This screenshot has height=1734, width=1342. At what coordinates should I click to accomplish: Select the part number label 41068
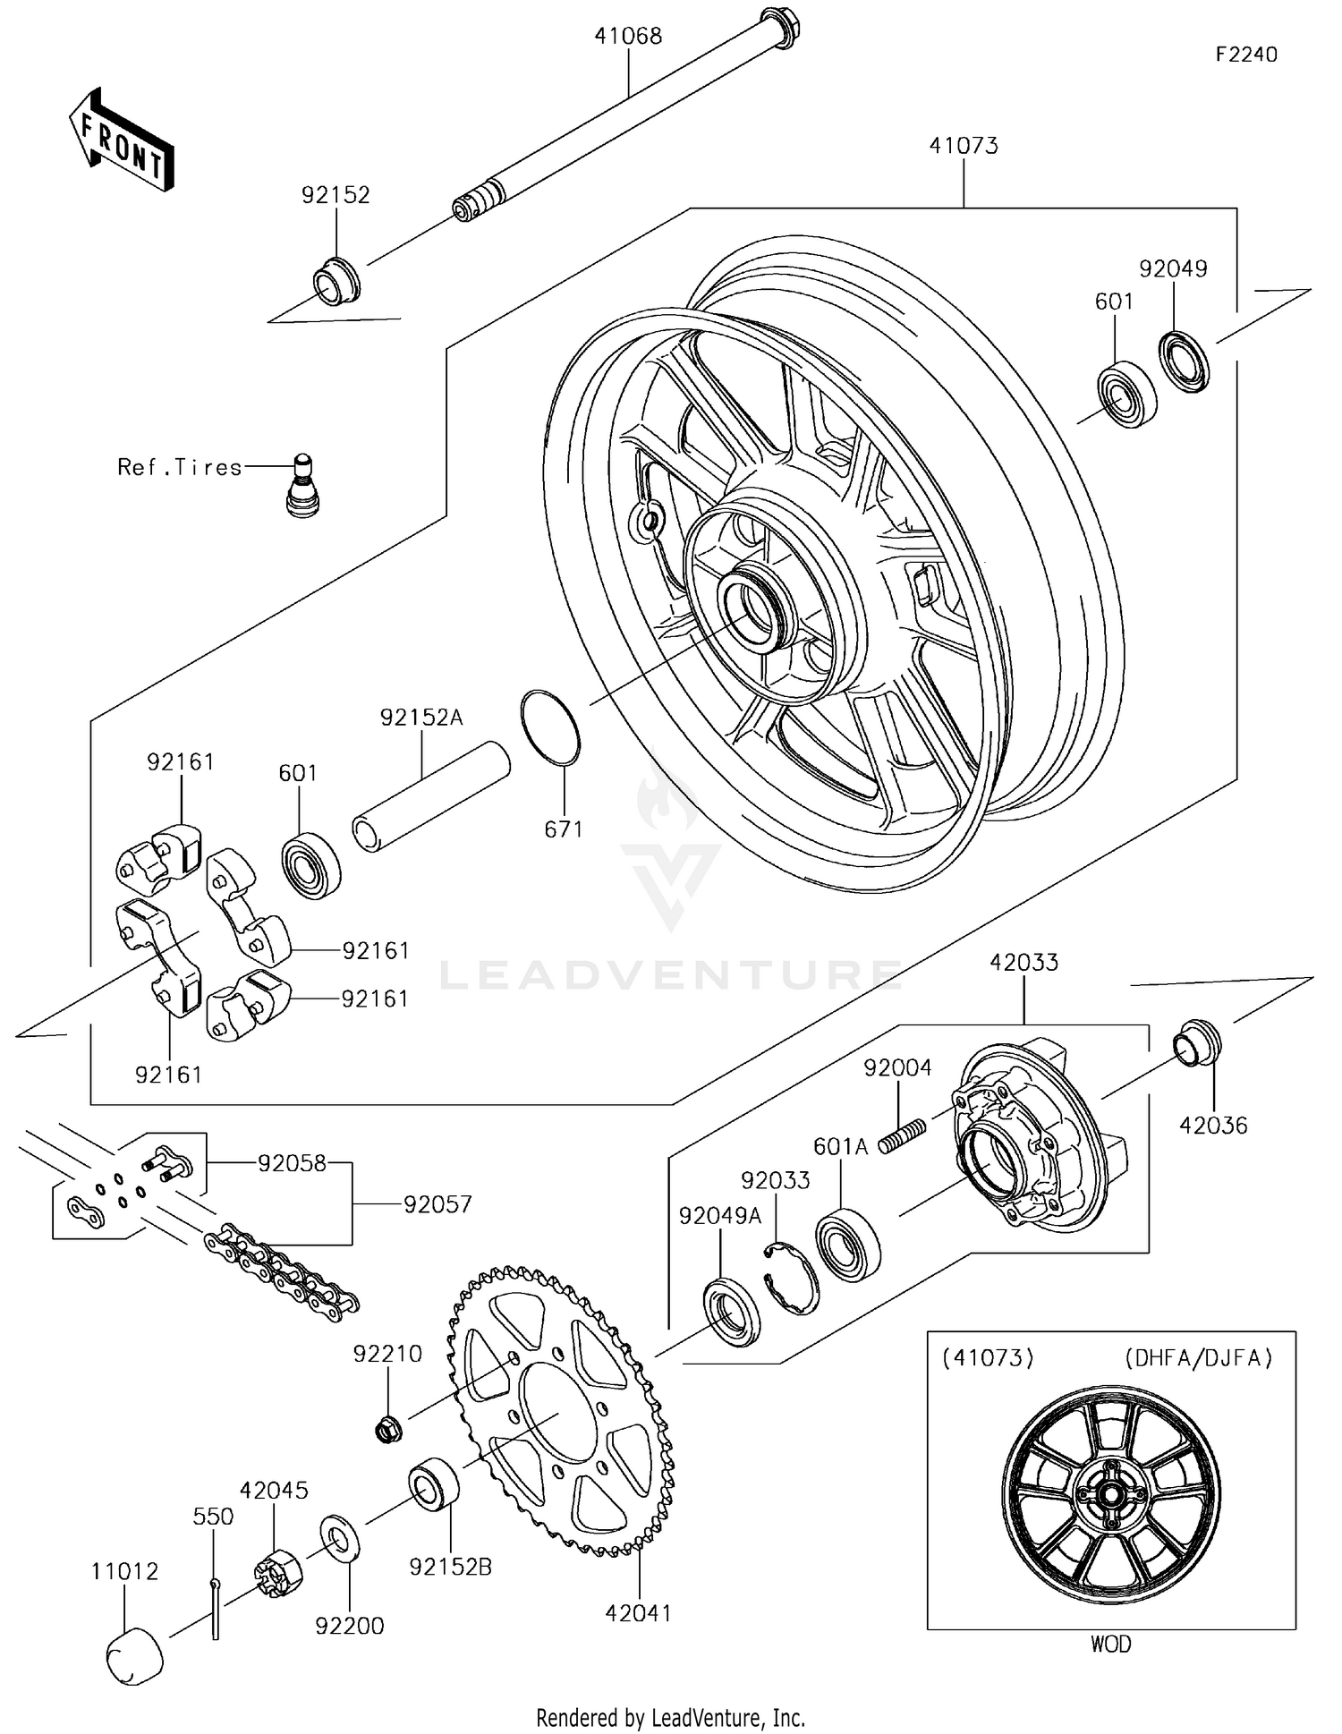pos(628,36)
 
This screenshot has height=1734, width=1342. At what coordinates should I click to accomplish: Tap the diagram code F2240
pos(1245,55)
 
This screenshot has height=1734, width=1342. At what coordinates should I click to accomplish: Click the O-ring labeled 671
pos(550,727)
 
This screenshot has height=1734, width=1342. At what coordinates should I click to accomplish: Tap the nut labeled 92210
pos(387,1430)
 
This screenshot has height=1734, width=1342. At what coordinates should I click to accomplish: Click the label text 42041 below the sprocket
pos(638,1612)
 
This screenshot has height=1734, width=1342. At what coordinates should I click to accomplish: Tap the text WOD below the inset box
pos(1110,1644)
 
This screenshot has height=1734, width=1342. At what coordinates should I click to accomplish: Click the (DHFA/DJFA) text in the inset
pos(1198,1358)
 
